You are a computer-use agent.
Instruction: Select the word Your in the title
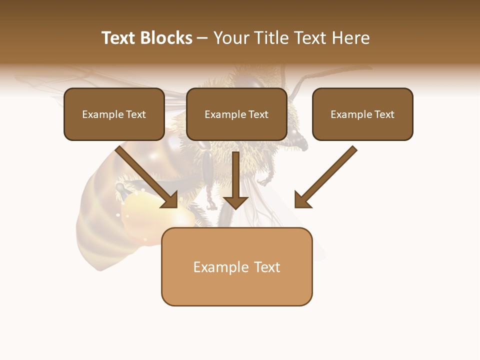(230, 38)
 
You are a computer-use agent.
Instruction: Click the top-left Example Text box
(114, 114)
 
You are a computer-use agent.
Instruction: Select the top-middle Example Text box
(236, 114)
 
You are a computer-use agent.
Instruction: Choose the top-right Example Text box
(362, 114)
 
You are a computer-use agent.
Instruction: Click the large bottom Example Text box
(237, 267)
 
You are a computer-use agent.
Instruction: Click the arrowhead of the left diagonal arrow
(170, 200)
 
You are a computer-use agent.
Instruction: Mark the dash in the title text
(202, 38)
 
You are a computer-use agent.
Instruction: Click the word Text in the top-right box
(383, 114)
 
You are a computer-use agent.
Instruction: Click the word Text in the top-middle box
(257, 114)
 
